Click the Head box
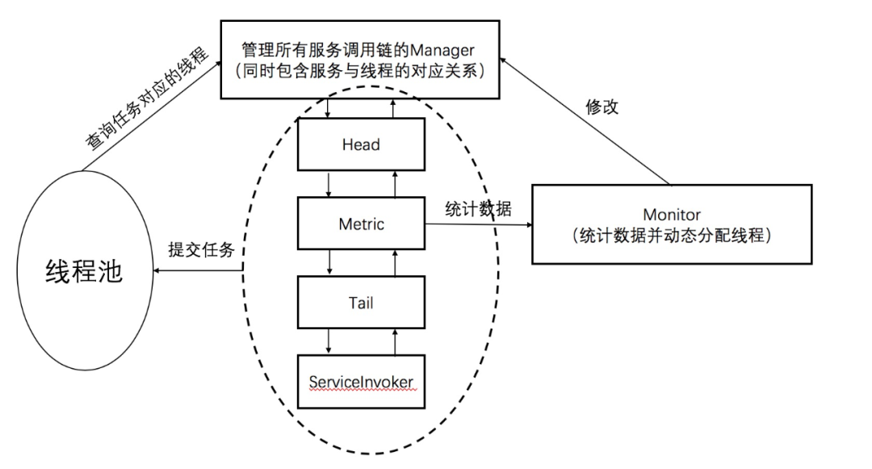361,144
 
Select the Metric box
361,224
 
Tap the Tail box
361,302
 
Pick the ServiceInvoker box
361,382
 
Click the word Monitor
672,215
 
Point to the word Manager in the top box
442,51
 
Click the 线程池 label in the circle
83,272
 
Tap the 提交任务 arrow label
201,249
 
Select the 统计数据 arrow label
478,209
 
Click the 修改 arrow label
602,107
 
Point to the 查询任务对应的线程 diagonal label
146,98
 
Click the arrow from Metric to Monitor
479,224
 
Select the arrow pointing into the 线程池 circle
198,270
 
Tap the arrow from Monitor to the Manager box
585,121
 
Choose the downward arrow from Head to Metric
329,184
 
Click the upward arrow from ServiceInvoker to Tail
396,341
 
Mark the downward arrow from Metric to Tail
329,262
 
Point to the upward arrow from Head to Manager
393,108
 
